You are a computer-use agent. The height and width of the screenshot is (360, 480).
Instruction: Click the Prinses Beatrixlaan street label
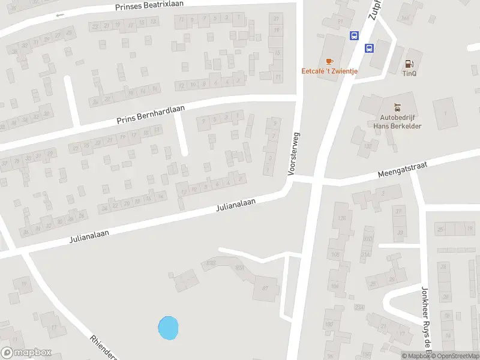pyautogui.click(x=149, y=5)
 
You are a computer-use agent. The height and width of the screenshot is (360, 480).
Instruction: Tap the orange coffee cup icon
pyautogui.click(x=328, y=61)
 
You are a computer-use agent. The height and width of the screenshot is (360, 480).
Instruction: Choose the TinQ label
pyautogui.click(x=410, y=73)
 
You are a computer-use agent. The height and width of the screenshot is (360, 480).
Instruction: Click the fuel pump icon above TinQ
pyautogui.click(x=410, y=63)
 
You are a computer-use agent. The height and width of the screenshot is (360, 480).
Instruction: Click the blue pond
pyautogui.click(x=168, y=328)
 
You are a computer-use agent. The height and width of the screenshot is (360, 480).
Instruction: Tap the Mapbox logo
pyautogui.click(x=26, y=353)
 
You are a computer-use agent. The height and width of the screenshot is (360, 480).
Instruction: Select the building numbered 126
pyautogui.click(x=343, y=217)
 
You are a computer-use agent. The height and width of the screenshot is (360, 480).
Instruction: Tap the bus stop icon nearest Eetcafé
pyautogui.click(x=354, y=35)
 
